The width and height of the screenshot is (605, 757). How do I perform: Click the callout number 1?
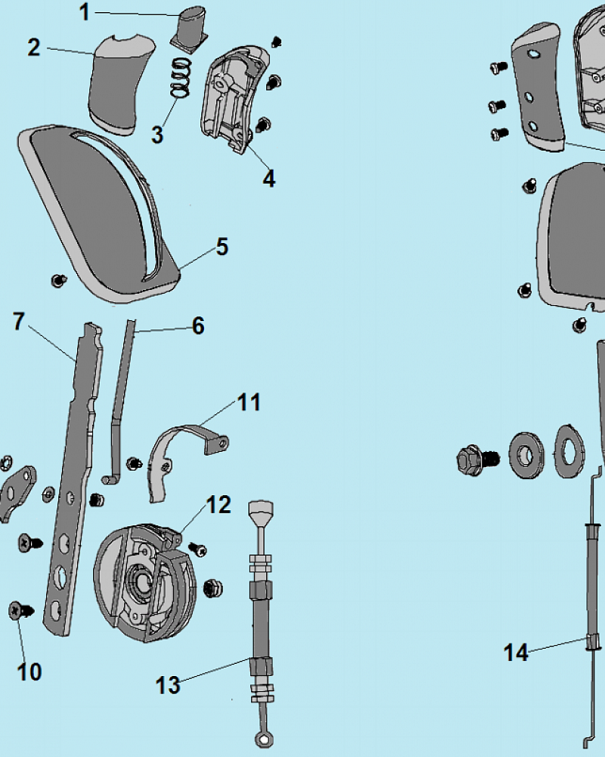[85, 12]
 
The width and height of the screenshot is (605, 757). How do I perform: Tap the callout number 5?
[222, 247]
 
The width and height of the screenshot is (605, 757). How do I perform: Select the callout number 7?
[20, 322]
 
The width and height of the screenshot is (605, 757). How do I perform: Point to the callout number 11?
[249, 402]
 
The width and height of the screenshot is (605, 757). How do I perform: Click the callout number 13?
[168, 685]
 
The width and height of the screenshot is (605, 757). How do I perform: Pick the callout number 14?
[517, 653]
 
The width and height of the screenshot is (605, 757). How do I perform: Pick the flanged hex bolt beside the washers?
[472, 458]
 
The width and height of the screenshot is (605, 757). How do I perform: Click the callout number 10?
[29, 671]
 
